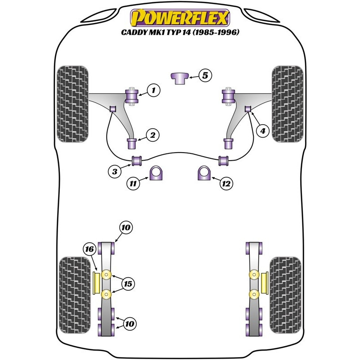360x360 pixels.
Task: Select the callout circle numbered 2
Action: pos(153,134)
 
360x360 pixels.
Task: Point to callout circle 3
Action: pos(114,171)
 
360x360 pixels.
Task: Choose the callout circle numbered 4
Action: pos(262,131)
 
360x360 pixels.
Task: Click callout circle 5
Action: pos(205,76)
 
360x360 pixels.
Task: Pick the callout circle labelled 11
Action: pos(133,183)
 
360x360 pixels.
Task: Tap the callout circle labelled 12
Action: pos(226,183)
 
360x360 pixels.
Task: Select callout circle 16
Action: pos(89,248)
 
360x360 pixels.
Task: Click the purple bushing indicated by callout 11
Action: pos(156,174)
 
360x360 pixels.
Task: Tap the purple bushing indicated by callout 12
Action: pos(204,174)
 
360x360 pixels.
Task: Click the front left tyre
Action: pos(72,104)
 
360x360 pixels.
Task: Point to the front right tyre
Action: pos(288,104)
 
